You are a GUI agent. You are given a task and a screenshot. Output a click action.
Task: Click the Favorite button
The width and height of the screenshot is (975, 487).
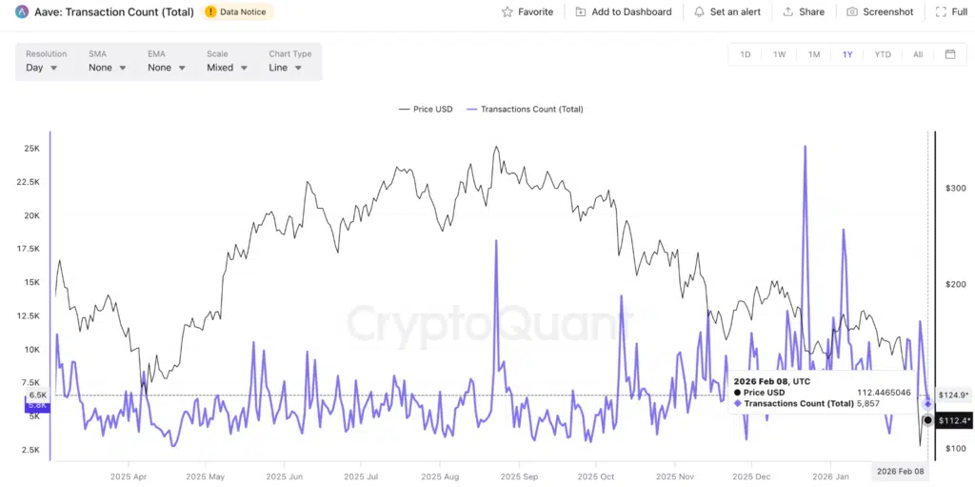tap(527, 11)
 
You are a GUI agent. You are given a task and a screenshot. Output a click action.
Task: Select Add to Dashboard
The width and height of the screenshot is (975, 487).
tap(624, 11)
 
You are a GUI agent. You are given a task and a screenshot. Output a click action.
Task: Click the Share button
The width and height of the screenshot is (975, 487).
tap(804, 11)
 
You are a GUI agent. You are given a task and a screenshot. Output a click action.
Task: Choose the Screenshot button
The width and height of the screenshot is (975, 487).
tap(880, 11)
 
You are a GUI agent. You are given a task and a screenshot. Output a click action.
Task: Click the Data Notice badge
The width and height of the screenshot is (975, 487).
tap(239, 11)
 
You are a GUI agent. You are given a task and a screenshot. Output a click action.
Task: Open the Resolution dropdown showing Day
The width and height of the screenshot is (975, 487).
tap(42, 68)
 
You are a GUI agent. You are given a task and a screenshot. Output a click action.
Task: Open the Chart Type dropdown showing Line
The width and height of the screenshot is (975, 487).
tap(285, 68)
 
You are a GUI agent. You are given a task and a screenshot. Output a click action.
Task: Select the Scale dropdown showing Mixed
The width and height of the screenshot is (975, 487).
tap(227, 68)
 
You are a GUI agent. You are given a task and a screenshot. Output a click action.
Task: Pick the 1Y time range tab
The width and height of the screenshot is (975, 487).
tap(847, 54)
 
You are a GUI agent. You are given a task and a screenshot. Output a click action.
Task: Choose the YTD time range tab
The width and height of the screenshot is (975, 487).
tap(883, 54)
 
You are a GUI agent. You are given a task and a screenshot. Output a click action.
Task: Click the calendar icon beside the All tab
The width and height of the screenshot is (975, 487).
tap(949, 54)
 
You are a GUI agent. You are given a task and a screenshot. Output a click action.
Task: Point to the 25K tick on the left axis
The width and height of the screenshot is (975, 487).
tap(32, 149)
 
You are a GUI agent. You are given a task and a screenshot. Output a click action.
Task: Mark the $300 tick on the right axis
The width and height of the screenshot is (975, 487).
tap(954, 188)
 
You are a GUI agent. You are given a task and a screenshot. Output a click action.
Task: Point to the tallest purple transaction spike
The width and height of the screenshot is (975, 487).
tap(806, 148)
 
